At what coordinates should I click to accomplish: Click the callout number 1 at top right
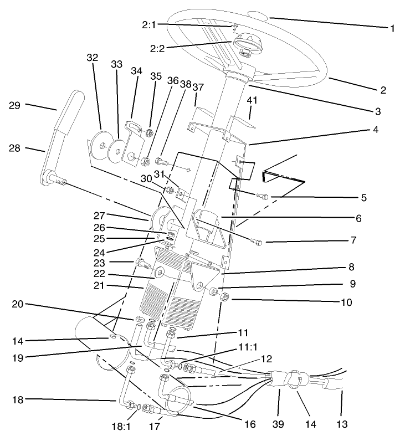click(392, 28)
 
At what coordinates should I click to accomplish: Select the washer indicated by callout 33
click(116, 150)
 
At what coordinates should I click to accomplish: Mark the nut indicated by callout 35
click(149, 133)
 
